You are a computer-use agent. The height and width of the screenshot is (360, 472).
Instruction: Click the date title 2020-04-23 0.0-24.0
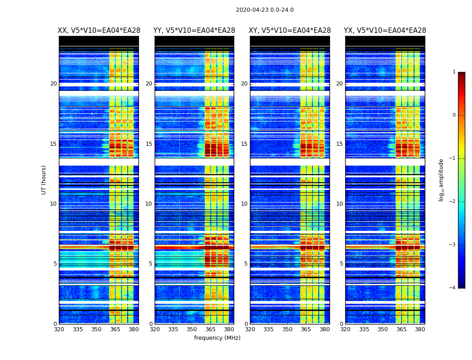(265, 10)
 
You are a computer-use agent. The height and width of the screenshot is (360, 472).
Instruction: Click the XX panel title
(99, 31)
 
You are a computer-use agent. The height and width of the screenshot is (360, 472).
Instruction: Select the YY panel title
(194, 31)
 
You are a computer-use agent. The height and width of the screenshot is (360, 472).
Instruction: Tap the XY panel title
(290, 31)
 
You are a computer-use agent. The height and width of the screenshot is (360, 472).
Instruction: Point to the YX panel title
(385, 31)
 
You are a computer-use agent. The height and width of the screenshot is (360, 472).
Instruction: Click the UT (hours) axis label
(44, 180)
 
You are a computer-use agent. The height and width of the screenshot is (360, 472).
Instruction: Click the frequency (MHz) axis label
(217, 338)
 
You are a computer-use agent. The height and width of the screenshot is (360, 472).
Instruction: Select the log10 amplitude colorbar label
(441, 180)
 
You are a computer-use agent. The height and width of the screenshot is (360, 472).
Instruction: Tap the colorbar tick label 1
(454, 72)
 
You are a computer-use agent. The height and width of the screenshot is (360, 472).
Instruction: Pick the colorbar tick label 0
(454, 115)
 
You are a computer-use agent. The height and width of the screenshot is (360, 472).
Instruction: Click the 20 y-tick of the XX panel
(53, 84)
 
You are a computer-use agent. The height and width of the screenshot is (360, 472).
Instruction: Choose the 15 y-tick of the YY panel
(149, 144)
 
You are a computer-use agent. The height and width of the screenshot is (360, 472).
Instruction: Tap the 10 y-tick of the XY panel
(244, 204)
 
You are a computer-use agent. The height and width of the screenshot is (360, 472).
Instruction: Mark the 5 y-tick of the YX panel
(341, 264)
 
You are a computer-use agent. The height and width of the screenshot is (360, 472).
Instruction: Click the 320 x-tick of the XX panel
(59, 329)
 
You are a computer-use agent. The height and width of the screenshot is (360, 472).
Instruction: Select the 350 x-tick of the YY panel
(192, 329)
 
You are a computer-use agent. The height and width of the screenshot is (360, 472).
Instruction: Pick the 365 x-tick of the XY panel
(306, 329)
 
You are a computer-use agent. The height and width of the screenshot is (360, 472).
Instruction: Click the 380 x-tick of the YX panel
(420, 329)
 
